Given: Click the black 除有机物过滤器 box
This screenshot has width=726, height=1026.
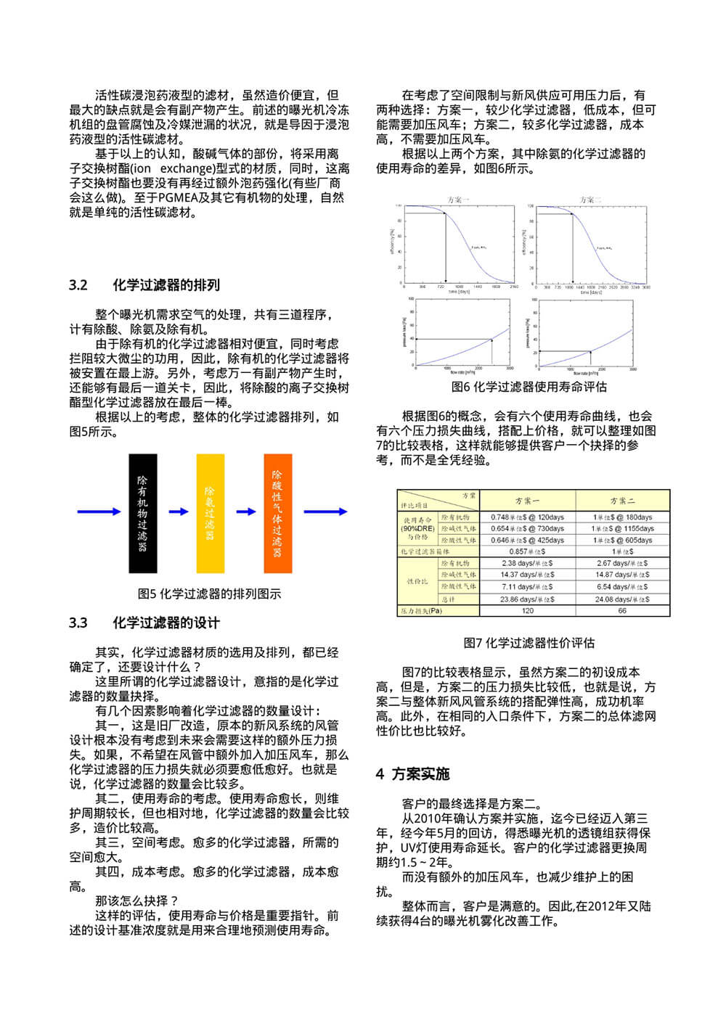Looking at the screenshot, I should (x=143, y=514).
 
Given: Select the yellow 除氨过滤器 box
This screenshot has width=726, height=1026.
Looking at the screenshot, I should (x=210, y=514).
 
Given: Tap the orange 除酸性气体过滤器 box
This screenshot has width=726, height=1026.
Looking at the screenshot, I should (x=277, y=514).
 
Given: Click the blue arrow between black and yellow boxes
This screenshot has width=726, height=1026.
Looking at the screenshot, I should (x=178, y=512).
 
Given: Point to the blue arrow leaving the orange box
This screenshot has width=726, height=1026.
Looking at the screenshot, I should (x=325, y=512).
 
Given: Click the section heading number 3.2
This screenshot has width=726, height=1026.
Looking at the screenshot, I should (x=78, y=285).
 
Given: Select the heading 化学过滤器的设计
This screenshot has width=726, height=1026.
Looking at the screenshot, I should (x=166, y=623).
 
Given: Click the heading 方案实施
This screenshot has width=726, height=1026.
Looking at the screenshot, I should (x=420, y=774).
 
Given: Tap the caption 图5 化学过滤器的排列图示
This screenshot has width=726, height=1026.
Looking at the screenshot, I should (x=209, y=594).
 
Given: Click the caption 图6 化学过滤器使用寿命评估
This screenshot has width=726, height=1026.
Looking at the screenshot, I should (x=529, y=387).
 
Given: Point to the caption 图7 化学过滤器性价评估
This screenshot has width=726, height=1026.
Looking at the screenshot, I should (x=529, y=643).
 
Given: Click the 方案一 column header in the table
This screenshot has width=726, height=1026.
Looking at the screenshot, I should (x=527, y=501).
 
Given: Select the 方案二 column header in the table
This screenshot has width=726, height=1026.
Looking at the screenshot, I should (x=622, y=501).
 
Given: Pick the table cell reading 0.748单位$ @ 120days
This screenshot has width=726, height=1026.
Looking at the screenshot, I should (x=527, y=517).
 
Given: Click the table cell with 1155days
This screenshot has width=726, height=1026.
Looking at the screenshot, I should (x=622, y=529).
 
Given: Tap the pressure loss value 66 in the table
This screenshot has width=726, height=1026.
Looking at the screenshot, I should (x=622, y=611).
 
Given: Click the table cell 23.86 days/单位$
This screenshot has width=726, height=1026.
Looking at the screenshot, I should (x=527, y=599).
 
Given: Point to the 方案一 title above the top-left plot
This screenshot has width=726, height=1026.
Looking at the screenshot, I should (x=458, y=200).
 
